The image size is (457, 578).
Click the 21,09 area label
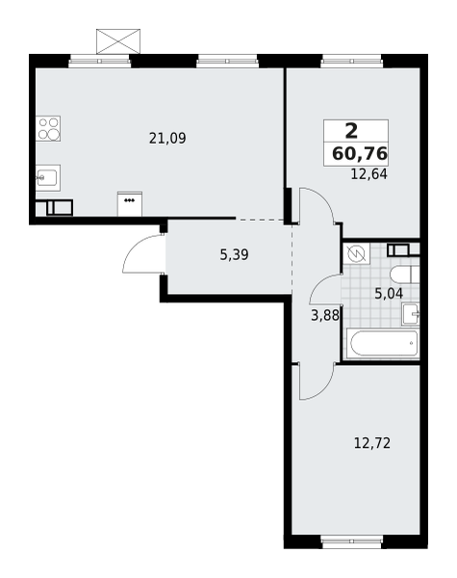click(167, 139)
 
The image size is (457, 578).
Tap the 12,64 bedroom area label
click(369, 174)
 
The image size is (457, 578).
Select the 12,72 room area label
click(372, 443)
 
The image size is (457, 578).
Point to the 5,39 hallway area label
click(234, 254)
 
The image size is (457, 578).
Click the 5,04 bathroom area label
click(389, 294)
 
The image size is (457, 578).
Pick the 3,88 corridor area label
click(325, 316)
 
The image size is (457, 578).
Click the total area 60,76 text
click(360, 153)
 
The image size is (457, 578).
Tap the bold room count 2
click(352, 131)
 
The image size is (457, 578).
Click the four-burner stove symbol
click(48, 129)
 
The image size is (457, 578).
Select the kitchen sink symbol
click(48, 177)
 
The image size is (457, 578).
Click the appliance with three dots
click(130, 204)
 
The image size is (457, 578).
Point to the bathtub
click(383, 344)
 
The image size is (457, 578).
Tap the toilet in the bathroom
click(404, 275)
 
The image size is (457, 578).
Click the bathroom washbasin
click(410, 314)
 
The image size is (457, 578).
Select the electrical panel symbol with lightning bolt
click(356, 253)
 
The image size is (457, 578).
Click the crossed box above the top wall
click(118, 41)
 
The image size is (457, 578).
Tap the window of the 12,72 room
click(352, 541)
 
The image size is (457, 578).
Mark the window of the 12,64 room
click(352, 62)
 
